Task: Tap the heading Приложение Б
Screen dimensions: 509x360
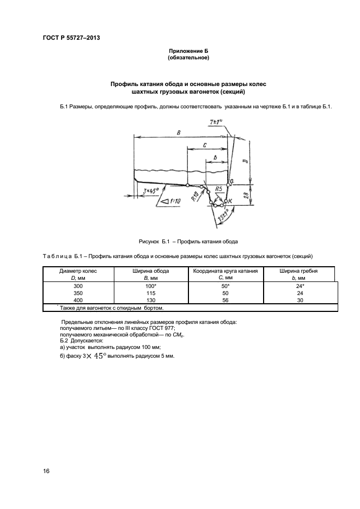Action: (188, 51)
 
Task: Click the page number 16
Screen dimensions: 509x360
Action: (46, 471)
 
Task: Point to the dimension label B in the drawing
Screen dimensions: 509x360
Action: (179, 132)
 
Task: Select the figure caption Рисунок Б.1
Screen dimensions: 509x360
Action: (188, 241)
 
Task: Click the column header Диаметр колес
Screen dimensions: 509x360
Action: (78, 271)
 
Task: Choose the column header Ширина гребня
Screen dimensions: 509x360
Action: (298, 271)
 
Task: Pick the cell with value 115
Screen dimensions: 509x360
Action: (151, 292)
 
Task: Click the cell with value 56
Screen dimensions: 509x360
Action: (224, 300)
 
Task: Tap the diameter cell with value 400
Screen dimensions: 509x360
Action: (78, 300)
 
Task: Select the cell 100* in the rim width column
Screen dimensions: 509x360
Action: (151, 285)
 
